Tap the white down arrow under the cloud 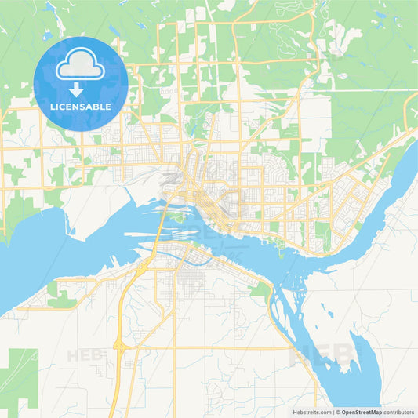click(x=81, y=89)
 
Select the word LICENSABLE click(x=81, y=107)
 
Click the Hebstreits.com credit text click(x=311, y=412)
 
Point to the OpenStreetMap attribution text click(x=361, y=412)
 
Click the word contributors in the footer click(x=399, y=412)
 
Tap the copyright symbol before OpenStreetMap click(x=337, y=412)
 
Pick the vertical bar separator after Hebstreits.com click(x=332, y=412)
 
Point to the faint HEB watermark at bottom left click(x=85, y=355)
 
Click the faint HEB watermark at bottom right click(x=322, y=354)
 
